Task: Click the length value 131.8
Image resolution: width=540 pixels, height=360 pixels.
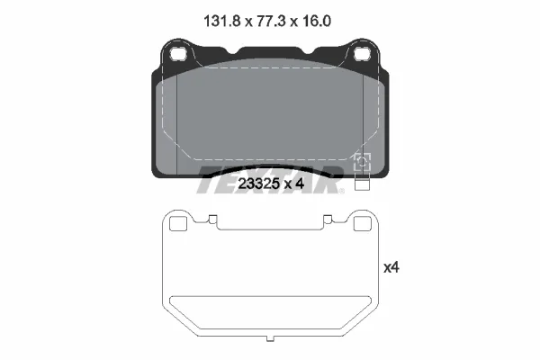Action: click(221, 22)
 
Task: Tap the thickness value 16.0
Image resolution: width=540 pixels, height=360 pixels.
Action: click(317, 22)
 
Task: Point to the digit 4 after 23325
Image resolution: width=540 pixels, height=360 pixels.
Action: click(300, 184)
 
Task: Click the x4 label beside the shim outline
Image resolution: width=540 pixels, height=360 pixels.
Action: click(391, 267)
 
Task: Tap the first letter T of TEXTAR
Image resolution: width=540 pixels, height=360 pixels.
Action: click(210, 180)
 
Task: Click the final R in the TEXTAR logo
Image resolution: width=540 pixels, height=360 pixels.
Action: click(328, 180)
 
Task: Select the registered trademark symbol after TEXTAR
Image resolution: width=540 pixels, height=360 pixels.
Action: click(342, 191)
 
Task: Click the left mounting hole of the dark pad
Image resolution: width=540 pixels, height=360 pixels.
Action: click(178, 54)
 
